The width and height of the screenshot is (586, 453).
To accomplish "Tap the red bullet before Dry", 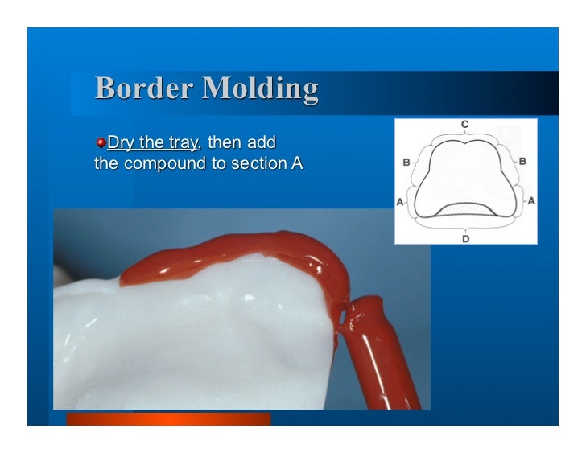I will coord(100,143).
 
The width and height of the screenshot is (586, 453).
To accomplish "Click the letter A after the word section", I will coord(285,165).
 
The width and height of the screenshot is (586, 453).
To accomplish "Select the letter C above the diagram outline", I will coord(465,125).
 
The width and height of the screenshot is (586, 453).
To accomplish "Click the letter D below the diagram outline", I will coord(465,239).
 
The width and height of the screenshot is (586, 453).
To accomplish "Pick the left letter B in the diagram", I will coord(406,162).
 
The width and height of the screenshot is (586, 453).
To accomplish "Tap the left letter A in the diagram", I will coord(400,201).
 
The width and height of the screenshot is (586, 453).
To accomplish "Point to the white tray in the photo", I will coord(201,338).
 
